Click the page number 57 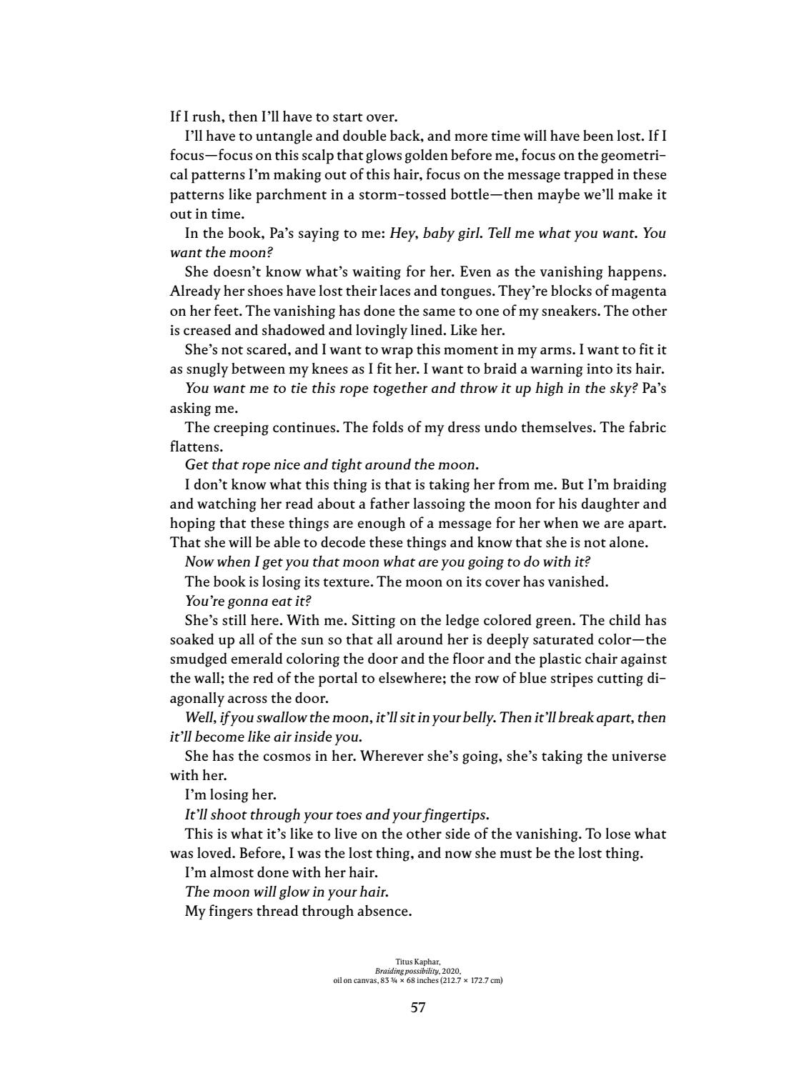418,1008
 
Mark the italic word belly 474,717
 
